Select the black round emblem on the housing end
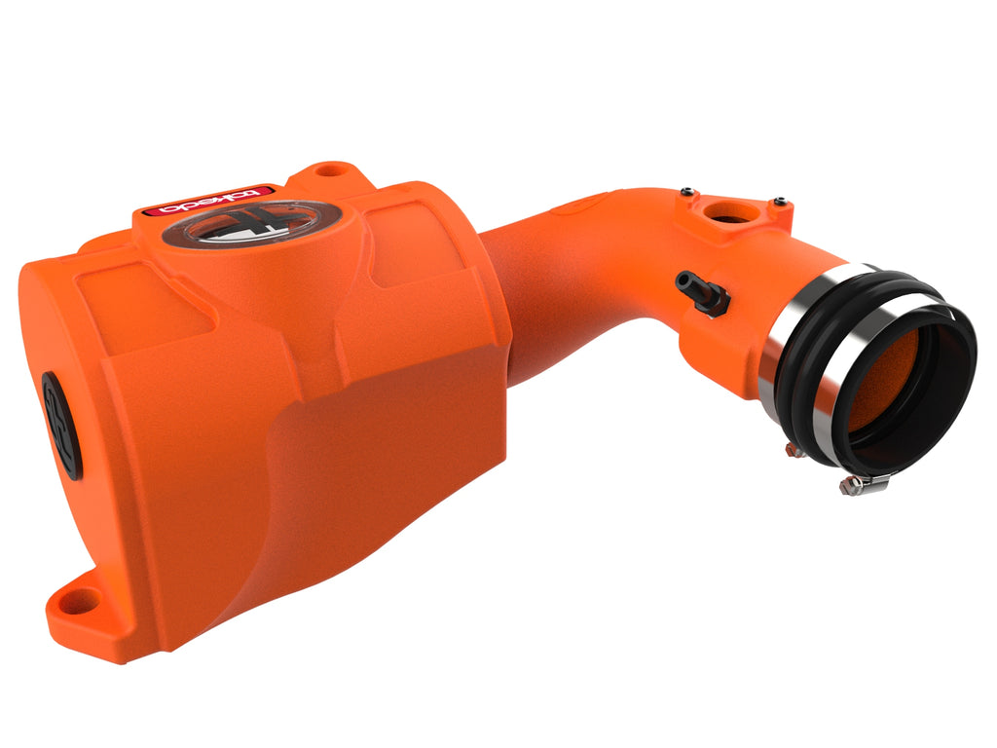pos(61,426)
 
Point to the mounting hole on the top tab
pos(333,170)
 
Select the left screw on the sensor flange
pos(687,191)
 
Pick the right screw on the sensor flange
pos(779,202)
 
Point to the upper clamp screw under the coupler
pos(793,449)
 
